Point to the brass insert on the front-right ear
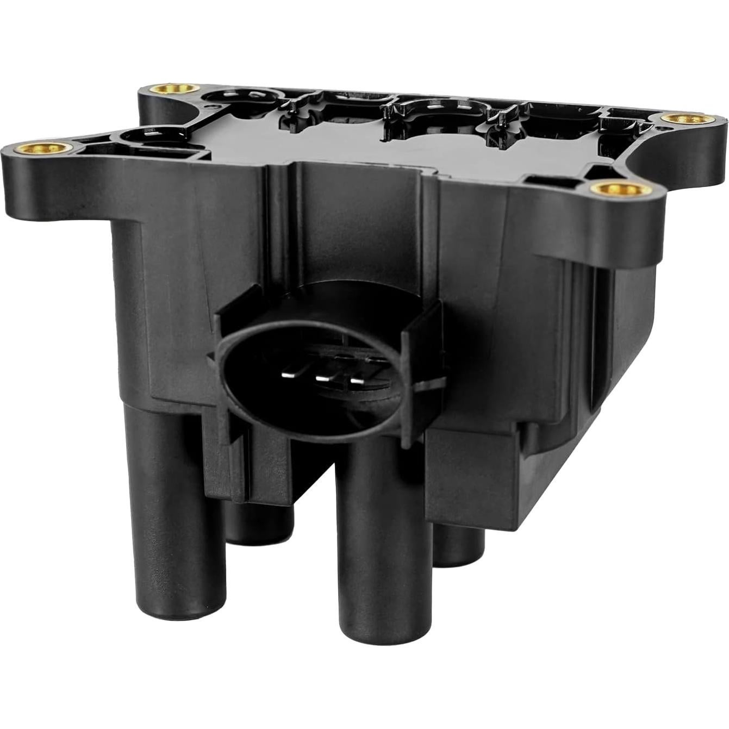click(x=620, y=189)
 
